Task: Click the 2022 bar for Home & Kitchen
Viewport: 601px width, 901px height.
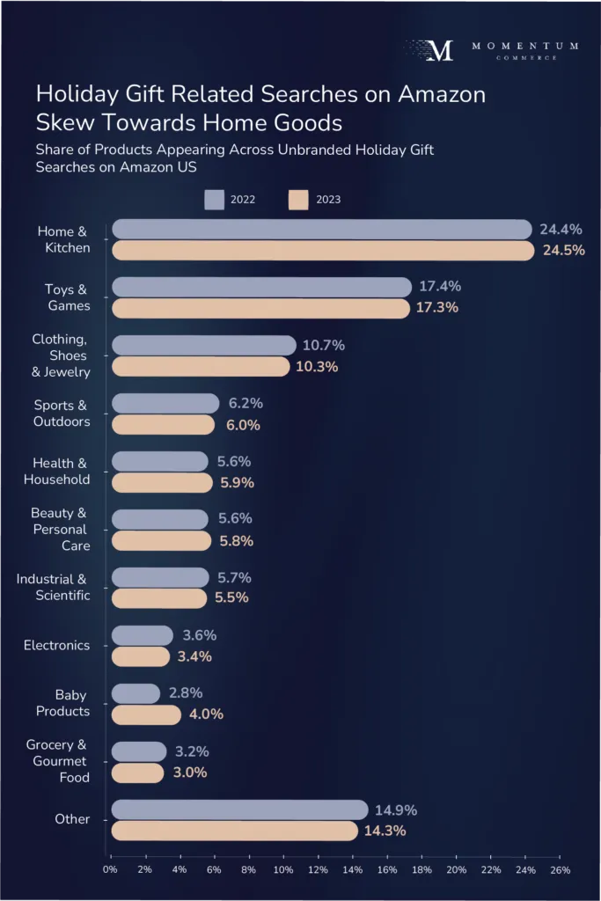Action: pos(321,230)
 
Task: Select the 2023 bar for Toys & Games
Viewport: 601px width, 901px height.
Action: pos(260,308)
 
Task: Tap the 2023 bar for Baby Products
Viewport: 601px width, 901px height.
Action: pos(146,714)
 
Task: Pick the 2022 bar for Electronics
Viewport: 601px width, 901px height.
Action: pos(142,635)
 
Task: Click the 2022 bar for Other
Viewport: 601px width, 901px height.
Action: pos(239,809)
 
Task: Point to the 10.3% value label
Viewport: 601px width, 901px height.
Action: pos(317,366)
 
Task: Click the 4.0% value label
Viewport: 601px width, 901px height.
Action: pos(206,714)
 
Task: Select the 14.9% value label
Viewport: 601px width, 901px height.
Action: pos(395,809)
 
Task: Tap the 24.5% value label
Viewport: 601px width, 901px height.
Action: pos(563,251)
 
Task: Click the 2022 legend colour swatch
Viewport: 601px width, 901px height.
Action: pos(215,199)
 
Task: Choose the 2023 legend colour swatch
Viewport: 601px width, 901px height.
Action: pos(299,199)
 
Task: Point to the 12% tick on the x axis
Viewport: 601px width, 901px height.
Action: pos(319,870)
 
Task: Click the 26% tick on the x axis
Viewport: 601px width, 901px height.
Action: pos(561,870)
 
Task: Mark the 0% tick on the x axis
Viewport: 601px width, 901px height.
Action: pos(111,870)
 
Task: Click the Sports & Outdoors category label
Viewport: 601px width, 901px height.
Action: pos(62,414)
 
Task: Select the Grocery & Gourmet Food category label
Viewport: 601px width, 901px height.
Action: pos(56,761)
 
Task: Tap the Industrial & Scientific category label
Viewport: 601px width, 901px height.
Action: pos(53,587)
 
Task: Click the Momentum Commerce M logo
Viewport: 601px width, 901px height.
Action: pos(439,50)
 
